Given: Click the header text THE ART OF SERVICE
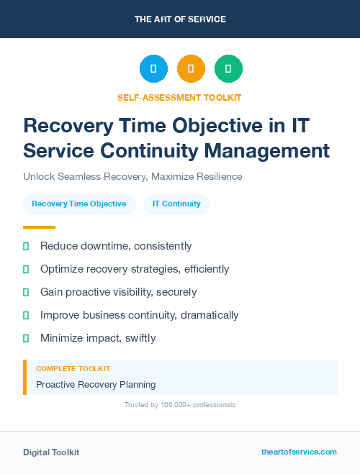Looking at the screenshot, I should pos(180,19).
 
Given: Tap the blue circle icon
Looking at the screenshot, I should pos(153,68).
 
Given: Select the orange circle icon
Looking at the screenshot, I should pos(191,68).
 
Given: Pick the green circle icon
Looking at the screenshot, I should pos(228,68).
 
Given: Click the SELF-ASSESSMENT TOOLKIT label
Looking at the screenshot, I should pos(179,97).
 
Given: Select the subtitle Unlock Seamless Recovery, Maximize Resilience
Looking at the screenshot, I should pos(132,176).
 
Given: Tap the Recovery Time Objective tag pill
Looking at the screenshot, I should pos(79,204).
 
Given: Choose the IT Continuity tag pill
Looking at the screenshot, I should pos(176,204).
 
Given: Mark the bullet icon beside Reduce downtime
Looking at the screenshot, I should pos(26,246).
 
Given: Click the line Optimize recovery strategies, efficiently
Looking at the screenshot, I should pos(135,269).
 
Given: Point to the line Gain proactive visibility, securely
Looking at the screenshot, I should pos(118,292).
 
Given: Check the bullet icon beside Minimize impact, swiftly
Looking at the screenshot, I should pos(26,338).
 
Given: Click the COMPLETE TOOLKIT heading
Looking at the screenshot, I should pos(73,369).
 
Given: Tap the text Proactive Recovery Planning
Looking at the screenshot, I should pos(96,384).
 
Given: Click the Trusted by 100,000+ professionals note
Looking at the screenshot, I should pos(179,405).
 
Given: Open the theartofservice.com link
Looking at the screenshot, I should pos(299,452).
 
